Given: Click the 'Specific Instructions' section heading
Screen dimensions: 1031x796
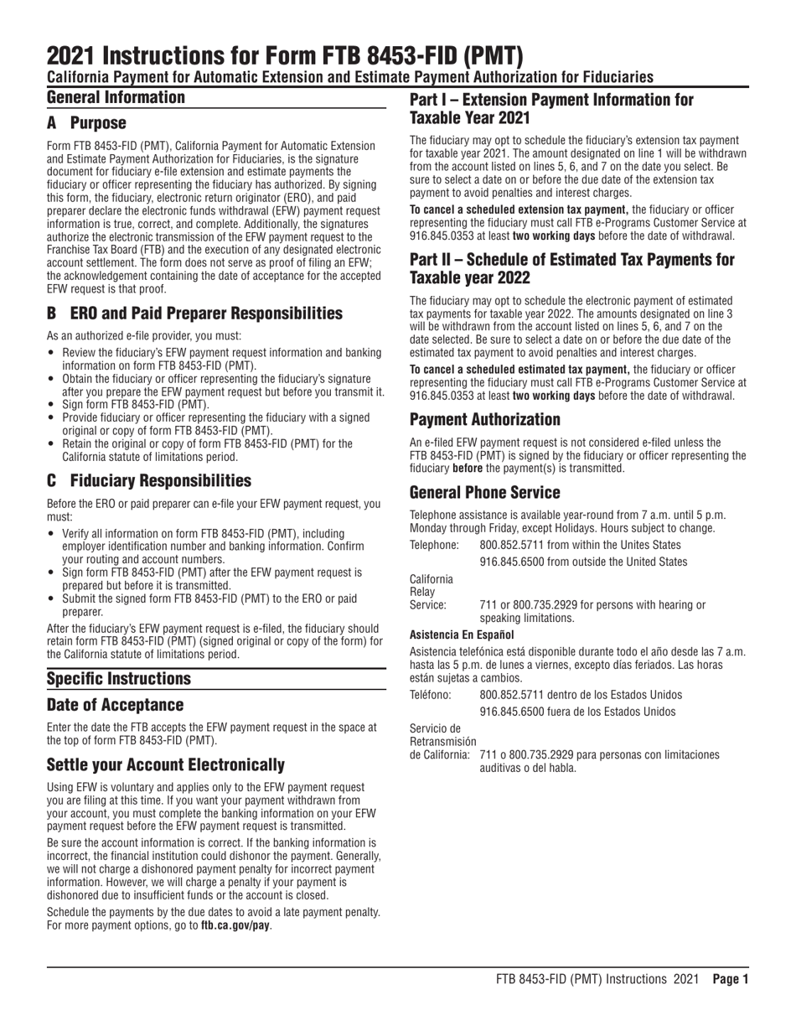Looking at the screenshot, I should tap(118, 678).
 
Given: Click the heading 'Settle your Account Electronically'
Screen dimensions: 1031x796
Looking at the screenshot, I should tap(165, 764).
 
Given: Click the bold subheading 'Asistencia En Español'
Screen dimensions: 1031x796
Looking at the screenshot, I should tap(462, 635).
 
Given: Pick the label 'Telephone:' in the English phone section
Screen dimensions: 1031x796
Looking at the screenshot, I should tap(434, 545).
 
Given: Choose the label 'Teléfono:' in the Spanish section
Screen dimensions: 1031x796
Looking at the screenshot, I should tap(432, 695).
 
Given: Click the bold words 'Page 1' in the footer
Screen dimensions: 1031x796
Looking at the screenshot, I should tap(730, 978).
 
